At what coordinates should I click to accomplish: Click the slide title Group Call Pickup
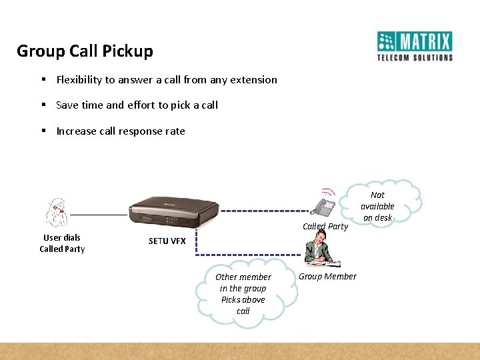85,51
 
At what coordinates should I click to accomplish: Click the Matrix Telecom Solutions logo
415,46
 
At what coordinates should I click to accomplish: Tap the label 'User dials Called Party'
62,243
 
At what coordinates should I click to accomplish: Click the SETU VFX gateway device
172,213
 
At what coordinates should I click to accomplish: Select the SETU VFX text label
167,241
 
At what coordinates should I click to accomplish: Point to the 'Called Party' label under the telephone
325,226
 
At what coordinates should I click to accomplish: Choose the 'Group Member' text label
327,277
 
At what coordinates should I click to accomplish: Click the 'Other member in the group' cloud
243,294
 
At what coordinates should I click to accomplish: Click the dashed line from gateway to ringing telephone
267,211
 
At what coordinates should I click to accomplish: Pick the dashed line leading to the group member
247,255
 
